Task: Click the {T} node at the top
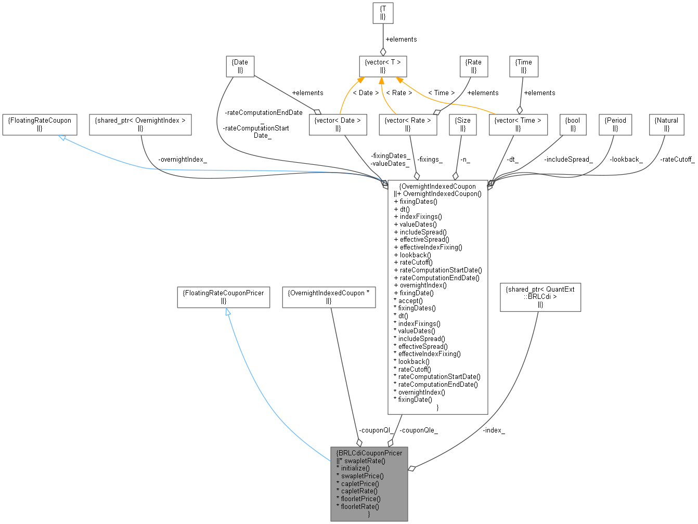pos(383,12)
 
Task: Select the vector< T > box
pos(383,67)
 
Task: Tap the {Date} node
pos(240,66)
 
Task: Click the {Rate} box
pos(474,66)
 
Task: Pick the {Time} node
pos(524,66)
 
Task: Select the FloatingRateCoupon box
pos(40,124)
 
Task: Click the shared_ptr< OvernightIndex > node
pos(140,124)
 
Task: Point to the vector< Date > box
pos(339,124)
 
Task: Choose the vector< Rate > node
pos(408,124)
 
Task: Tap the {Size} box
pos(462,124)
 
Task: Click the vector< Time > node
pos(518,124)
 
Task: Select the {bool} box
pos(573,124)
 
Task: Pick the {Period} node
pos(615,124)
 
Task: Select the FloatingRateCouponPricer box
pos(223,297)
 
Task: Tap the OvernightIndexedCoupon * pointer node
pos(328,297)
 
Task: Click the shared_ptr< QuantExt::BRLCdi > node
pos(540,296)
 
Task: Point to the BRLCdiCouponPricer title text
pos(369,453)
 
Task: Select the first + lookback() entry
pos(413,255)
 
